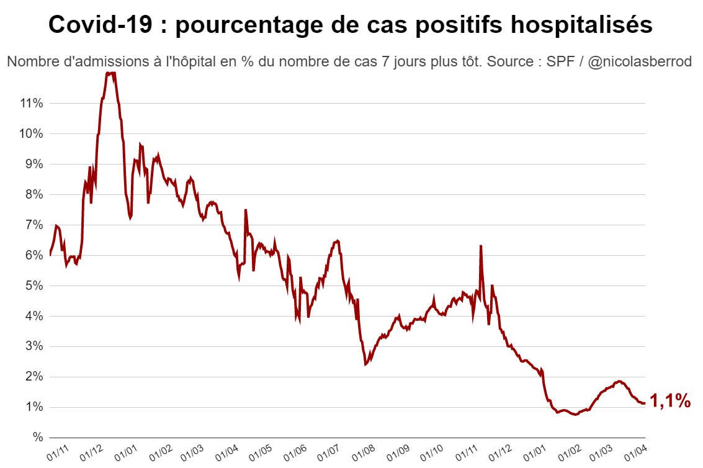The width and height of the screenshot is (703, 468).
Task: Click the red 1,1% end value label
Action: pyautogui.click(x=670, y=402)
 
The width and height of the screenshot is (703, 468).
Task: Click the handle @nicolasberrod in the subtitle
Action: pyautogui.click(x=630, y=62)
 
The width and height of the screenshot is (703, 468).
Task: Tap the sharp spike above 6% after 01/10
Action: pyautogui.click(x=481, y=246)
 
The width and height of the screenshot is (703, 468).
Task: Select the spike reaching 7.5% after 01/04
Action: pyautogui.click(x=246, y=210)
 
